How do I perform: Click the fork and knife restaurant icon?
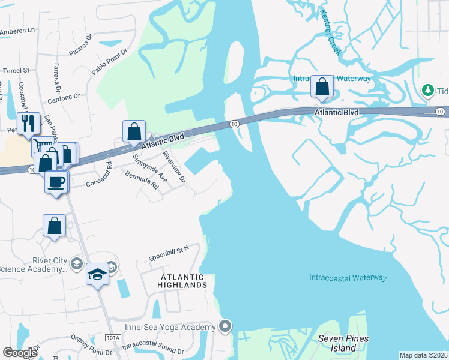28,123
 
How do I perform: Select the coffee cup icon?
56,181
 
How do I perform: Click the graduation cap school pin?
97,274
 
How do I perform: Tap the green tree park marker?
428,90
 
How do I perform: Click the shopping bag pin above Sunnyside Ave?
134,131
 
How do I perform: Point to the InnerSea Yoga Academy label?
170,327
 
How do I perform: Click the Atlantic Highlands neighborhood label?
182,281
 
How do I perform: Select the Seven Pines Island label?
343,343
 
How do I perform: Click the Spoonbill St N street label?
169,247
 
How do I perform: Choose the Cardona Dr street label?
65,96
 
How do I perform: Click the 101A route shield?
112,338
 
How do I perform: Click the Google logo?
20,353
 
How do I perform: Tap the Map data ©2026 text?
424,355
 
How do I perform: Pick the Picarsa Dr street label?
80,46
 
